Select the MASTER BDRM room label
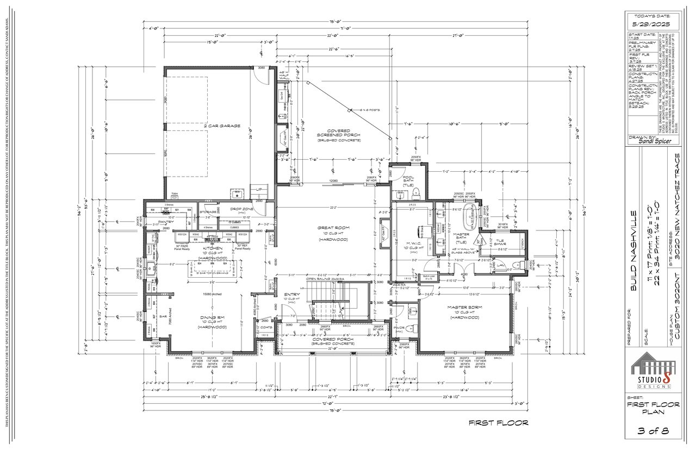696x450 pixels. coord(462,307)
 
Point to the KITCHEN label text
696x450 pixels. coord(201,248)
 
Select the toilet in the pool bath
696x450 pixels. coord(416,191)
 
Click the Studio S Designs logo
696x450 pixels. coord(653,370)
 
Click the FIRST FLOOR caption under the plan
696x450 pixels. coord(498,422)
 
